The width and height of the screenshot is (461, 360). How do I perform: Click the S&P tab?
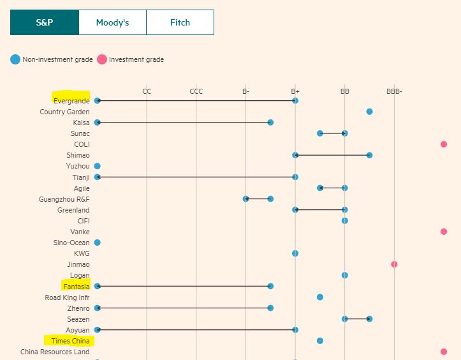point(44,22)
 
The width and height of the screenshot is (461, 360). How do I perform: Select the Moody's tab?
point(112,22)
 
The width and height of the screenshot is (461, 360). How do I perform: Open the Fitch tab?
point(180,22)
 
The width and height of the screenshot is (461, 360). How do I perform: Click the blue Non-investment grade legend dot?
point(15,59)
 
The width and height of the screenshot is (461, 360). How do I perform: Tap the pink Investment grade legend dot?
point(102,59)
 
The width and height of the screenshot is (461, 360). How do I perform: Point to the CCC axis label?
point(196,91)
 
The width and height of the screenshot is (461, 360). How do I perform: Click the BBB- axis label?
point(394,91)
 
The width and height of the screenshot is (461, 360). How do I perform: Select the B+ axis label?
point(295,91)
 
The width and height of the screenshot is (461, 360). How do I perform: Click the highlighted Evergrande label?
point(71,101)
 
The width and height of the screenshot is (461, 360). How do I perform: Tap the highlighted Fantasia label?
point(77,287)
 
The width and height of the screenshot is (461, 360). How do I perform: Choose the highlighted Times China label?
point(70,341)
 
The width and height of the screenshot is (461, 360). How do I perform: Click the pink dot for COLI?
point(444,144)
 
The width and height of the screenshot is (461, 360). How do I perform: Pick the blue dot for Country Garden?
point(369,112)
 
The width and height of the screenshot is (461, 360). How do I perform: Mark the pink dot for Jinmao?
point(394,264)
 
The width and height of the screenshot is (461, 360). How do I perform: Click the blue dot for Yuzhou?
point(98,166)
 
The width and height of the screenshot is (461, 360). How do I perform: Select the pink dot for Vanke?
point(444,232)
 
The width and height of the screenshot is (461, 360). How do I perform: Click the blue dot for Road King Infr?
point(320,297)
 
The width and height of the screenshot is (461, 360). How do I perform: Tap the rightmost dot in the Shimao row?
point(369,155)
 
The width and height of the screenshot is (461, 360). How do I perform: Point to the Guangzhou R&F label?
point(64,199)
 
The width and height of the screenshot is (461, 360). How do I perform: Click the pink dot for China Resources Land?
point(444,352)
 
